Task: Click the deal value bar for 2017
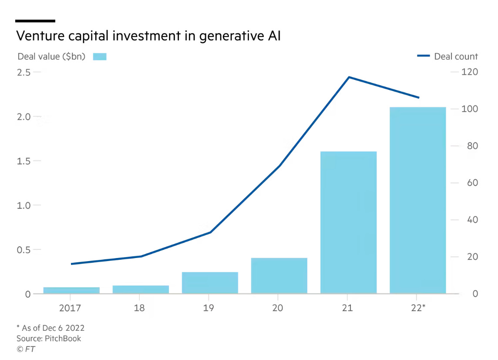point(71,290)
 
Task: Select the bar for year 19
point(210,282)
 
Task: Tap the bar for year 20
point(279,275)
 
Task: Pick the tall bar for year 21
point(348,222)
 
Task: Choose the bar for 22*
point(417,200)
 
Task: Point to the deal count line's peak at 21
point(349,77)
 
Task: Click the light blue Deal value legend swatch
point(100,57)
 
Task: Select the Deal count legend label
point(456,57)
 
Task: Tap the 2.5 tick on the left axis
point(24,72)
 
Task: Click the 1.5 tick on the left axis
point(24,161)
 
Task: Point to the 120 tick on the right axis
point(470,72)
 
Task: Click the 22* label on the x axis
point(417,308)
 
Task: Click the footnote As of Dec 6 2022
point(53,328)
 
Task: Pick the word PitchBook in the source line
point(63,338)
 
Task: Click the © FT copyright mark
point(26,349)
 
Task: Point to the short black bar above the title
point(35,20)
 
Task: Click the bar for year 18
point(141,289)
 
